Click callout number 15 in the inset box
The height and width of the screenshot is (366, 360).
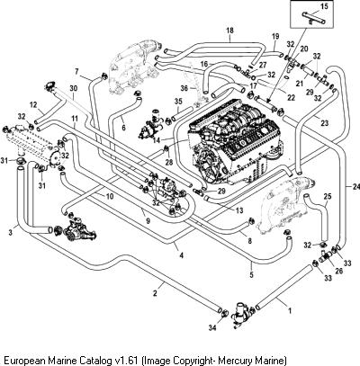click(x=324, y=5)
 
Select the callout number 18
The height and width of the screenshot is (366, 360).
click(x=230, y=31)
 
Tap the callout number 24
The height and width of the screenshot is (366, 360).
click(x=355, y=187)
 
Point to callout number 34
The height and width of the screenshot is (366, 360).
click(x=212, y=327)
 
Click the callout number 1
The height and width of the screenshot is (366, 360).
click(x=290, y=311)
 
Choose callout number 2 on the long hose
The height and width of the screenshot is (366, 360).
click(x=155, y=293)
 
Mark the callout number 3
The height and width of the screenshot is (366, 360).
click(x=11, y=232)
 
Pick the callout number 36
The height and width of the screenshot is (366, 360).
click(x=184, y=88)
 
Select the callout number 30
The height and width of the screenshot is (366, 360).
click(x=73, y=88)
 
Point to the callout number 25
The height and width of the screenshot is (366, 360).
click(x=328, y=197)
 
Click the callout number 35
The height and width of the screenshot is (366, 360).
click(x=178, y=101)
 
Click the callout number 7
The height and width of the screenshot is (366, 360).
click(x=76, y=72)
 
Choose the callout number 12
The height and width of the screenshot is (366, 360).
click(x=33, y=104)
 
